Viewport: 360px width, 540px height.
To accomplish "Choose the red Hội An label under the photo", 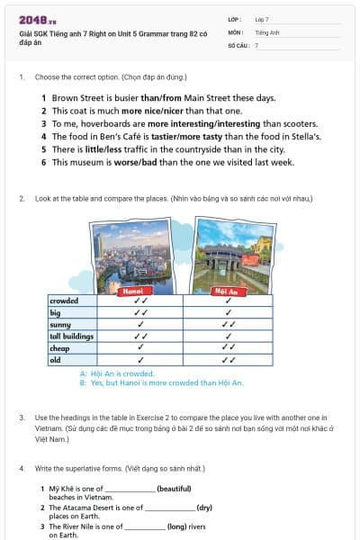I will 225,292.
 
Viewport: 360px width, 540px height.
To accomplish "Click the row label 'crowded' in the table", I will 64,301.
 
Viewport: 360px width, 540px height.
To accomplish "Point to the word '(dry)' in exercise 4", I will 204,507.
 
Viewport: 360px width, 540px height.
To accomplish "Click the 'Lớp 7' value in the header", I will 262,19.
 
